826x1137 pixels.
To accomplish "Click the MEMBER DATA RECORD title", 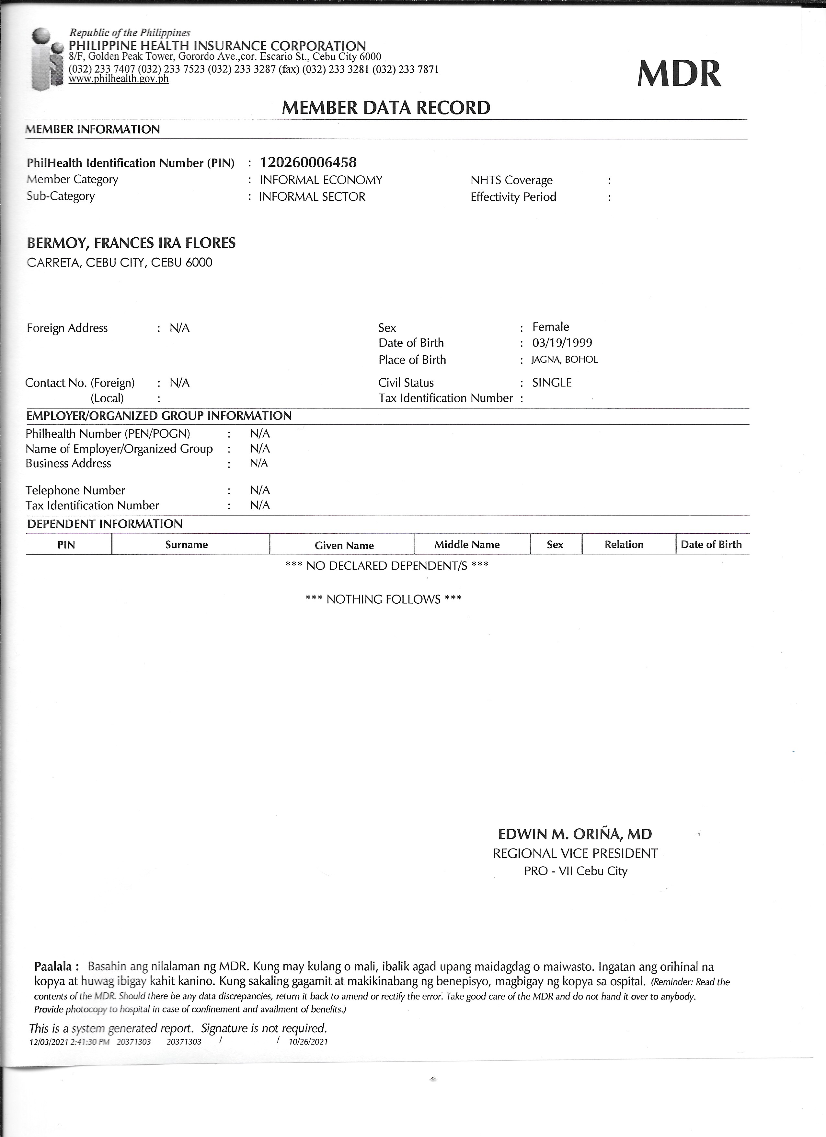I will [386, 108].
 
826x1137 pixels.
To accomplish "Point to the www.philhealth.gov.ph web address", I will [118, 79].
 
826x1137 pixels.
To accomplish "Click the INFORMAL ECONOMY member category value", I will [321, 180].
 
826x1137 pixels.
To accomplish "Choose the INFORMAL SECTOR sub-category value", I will [312, 196].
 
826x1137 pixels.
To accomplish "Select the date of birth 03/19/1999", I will [562, 343].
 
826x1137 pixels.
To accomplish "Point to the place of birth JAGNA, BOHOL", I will [565, 360].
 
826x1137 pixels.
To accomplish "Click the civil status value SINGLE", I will [552, 383].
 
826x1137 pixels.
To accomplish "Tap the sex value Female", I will [550, 327].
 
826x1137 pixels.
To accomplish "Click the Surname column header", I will [186, 544].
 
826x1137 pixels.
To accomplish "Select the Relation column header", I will [624, 544].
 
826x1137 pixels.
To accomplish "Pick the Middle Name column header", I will [467, 544].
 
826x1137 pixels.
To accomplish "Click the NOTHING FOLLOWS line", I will [383, 599].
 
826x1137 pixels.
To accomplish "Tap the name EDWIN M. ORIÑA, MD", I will [575, 834].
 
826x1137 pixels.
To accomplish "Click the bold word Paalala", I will [56, 966].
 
